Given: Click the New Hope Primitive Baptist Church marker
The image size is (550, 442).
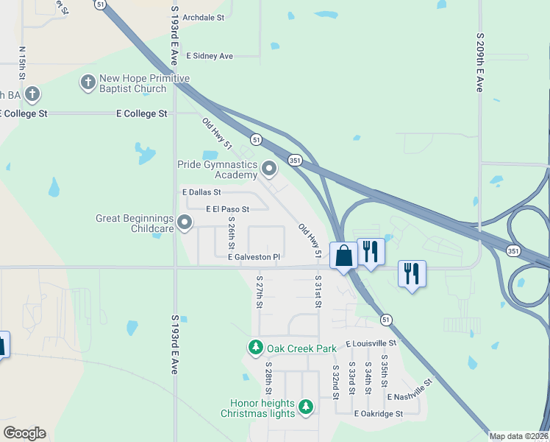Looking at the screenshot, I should pos(87,82).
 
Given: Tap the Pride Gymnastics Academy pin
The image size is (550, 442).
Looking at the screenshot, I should pos(269,169).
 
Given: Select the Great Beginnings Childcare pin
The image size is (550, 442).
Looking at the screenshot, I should pos(185,221).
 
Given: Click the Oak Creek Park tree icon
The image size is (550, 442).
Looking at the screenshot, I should pos(256,347).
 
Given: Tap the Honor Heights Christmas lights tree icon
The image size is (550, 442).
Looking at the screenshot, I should pos(306,406).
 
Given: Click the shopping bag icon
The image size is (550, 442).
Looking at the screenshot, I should pos(343,256).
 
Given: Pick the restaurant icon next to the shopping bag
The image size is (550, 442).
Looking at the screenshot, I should pos(371,251).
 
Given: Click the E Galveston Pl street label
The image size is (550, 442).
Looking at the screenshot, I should pos(254,257).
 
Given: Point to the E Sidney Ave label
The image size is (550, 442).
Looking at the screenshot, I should pos(210,56).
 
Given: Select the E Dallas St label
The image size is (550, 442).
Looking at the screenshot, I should pos(201,192).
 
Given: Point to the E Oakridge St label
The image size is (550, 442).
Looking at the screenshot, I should pos(378,414).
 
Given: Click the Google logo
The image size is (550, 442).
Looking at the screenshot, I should pos(24,433).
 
